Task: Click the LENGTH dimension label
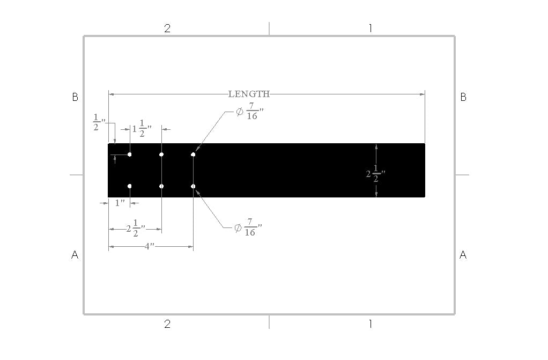(249, 94)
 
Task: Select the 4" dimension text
(150, 246)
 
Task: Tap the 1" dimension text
(120, 203)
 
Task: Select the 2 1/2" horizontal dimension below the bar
(136, 229)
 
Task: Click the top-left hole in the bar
(130, 155)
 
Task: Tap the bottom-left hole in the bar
(130, 186)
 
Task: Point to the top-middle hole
(161, 155)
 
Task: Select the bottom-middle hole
(161, 186)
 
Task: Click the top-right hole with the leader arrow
(193, 155)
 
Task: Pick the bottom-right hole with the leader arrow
(193, 186)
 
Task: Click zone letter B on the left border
(75, 97)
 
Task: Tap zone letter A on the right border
(463, 255)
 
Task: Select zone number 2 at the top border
(167, 28)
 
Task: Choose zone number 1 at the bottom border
(370, 324)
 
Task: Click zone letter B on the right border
(463, 97)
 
